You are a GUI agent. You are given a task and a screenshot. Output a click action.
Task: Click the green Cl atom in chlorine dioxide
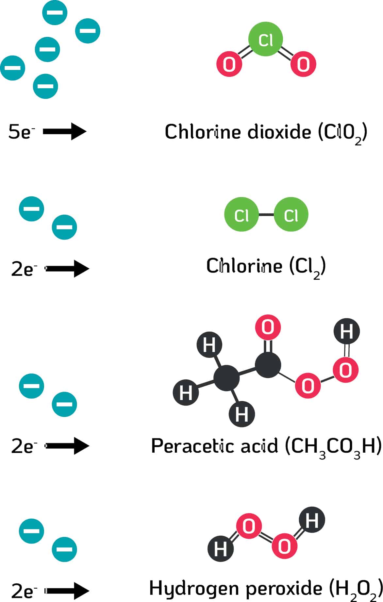(265, 39)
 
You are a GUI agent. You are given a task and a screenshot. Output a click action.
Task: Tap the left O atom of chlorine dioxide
(229, 64)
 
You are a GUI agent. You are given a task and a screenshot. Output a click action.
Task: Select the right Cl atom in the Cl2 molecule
(291, 215)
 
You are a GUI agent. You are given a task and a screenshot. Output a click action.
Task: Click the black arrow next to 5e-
(64, 131)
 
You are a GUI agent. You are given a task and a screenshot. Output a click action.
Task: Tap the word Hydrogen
(194, 588)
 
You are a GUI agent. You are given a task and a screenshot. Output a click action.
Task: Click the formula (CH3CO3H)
(333, 446)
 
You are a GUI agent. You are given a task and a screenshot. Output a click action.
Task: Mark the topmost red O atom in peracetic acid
(268, 327)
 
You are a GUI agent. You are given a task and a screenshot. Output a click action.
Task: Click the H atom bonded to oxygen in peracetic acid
(346, 331)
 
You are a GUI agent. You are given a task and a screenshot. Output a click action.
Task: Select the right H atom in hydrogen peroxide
(312, 519)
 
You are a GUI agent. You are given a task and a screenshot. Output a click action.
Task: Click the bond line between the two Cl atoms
(266, 215)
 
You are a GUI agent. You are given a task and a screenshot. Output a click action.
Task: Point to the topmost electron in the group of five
(55, 13)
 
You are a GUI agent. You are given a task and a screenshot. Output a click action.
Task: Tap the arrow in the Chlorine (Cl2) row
(67, 269)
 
